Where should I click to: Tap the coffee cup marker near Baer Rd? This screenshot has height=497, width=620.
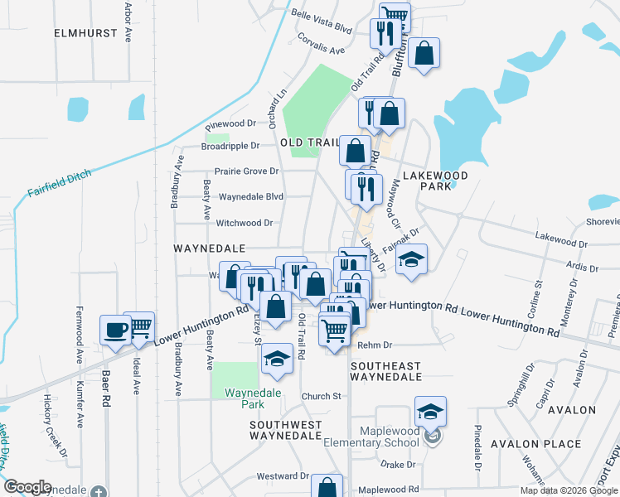click(115, 329)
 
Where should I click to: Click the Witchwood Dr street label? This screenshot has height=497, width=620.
click(245, 223)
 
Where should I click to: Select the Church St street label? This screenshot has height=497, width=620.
click(322, 396)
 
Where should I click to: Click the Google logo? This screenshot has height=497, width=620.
click(27, 487)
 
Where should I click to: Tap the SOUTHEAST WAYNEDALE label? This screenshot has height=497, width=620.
click(386, 371)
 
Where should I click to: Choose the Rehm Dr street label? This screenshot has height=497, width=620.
click(375, 345)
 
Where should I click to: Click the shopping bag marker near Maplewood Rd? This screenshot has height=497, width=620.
click(327, 488)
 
